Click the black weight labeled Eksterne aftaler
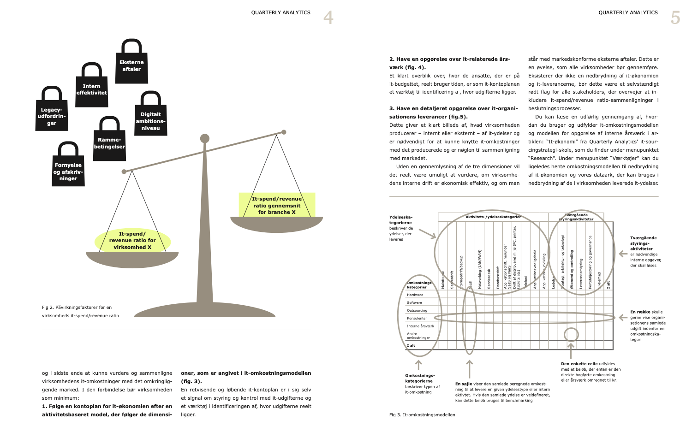click(x=131, y=65)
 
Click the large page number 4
click(x=328, y=18)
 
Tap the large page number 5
click(x=675, y=18)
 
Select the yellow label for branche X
click(x=277, y=205)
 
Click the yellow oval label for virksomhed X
click(x=132, y=241)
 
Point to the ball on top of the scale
click(x=205, y=138)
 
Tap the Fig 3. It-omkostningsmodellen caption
click(x=422, y=415)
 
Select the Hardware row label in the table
click(x=415, y=295)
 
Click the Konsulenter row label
click(x=417, y=318)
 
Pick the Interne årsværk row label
click(x=420, y=326)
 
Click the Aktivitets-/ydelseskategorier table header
click(x=493, y=217)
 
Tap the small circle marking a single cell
click(x=571, y=335)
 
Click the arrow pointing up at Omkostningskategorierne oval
click(x=419, y=365)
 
